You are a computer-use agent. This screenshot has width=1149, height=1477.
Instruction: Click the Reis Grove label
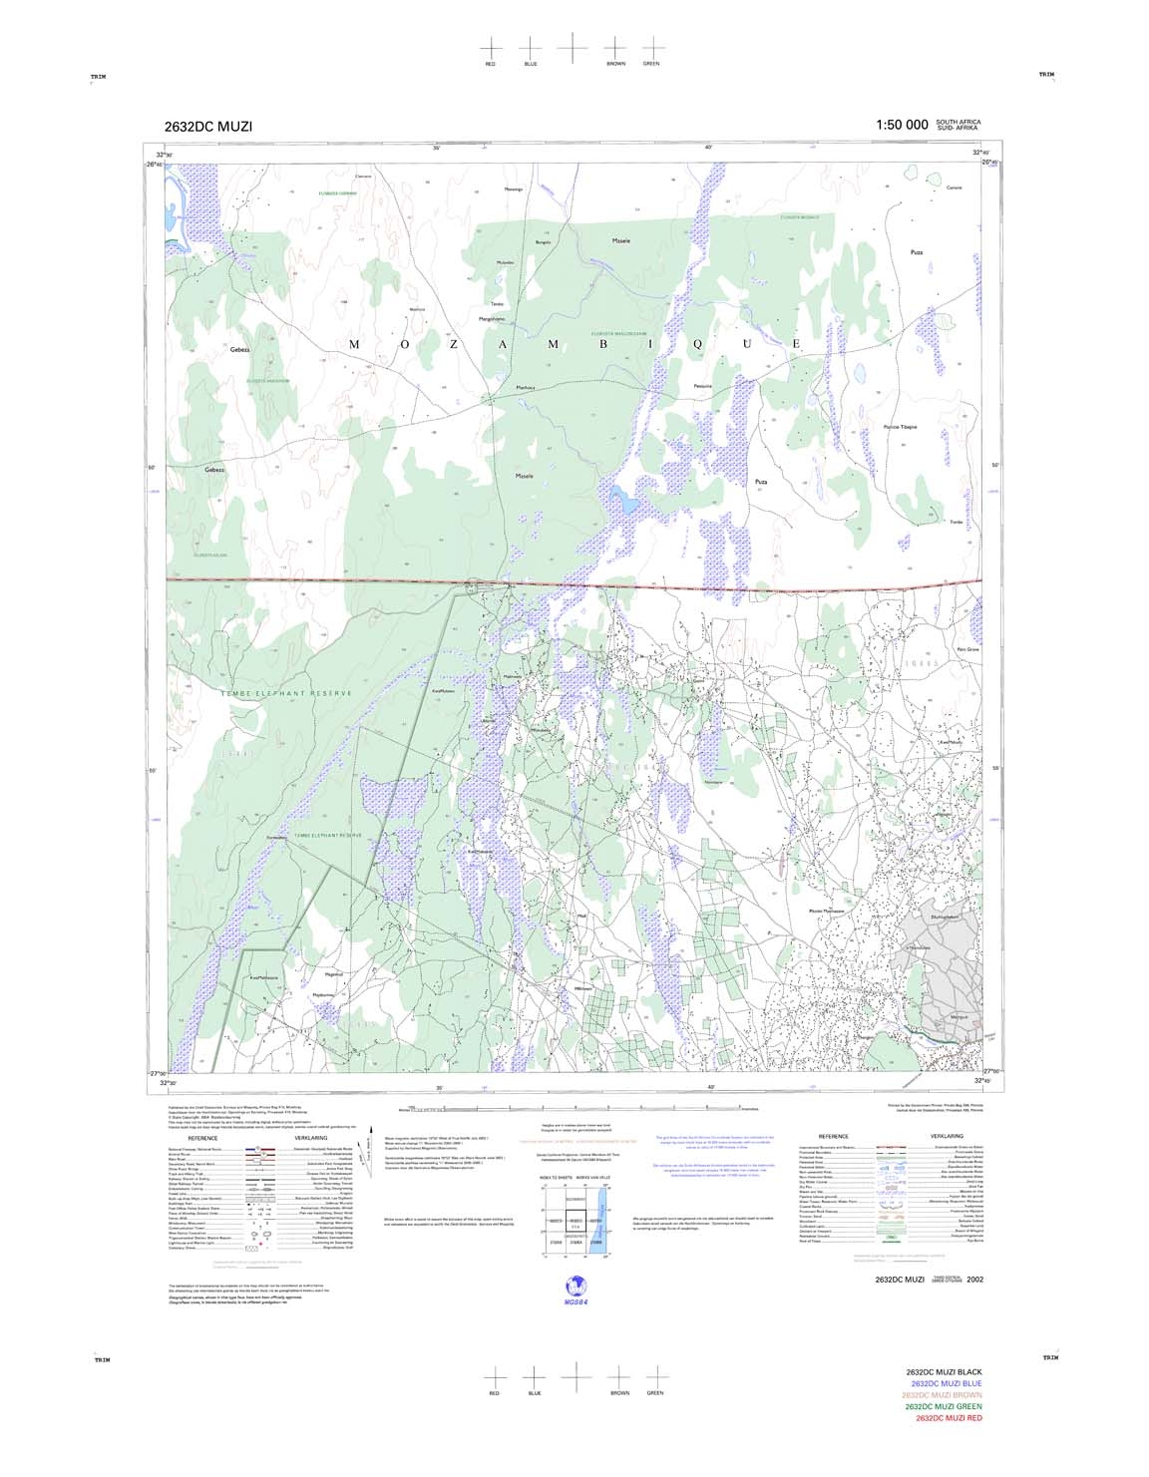[967, 649]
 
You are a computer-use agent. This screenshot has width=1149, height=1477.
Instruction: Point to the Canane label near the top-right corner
[954, 187]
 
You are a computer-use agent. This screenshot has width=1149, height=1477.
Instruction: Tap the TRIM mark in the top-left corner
[98, 75]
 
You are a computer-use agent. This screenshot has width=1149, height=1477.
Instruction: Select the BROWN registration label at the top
[615, 64]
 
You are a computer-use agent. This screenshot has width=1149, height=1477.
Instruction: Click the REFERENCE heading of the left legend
[202, 1137]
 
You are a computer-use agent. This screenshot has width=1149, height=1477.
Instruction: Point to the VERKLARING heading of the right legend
[947, 1136]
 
